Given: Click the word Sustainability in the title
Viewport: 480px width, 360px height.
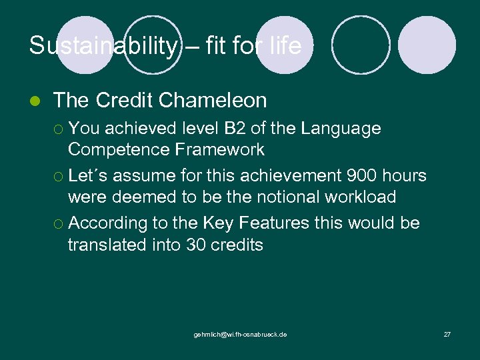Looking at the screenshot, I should (103, 46).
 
